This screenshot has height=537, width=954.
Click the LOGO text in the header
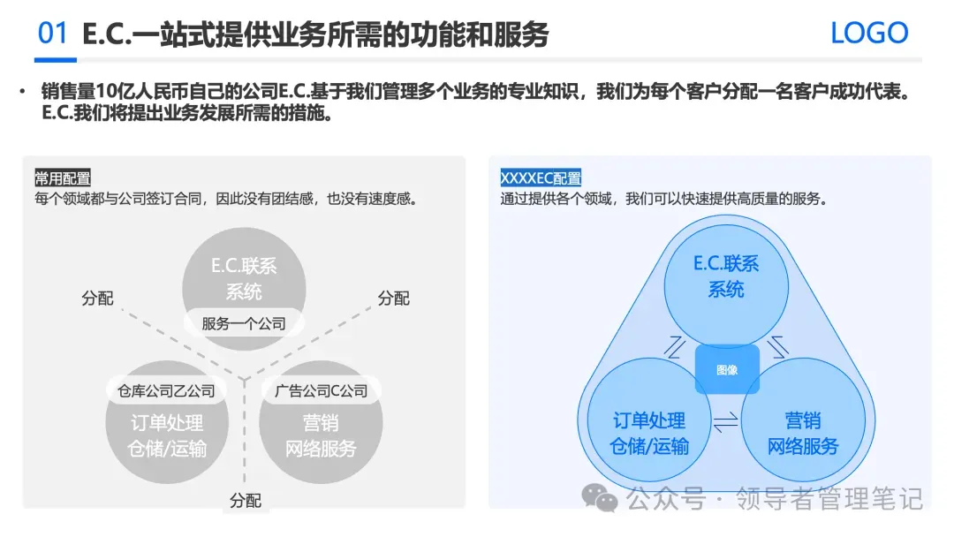click(869, 34)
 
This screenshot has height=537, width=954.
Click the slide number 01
click(53, 34)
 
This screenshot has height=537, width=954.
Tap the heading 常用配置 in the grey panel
click(63, 178)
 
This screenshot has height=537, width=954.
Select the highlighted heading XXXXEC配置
click(541, 178)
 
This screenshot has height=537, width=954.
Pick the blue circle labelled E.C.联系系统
click(725, 276)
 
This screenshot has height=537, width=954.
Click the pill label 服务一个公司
click(244, 323)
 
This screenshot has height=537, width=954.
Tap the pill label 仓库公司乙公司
click(166, 390)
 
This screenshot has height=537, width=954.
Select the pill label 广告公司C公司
click(321, 390)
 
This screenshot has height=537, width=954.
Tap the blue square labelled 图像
click(727, 370)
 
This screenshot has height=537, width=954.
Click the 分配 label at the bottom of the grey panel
click(246, 501)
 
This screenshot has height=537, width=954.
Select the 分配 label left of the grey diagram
click(97, 299)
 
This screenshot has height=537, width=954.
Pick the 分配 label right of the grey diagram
click(394, 299)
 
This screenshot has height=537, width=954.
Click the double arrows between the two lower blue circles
click(725, 423)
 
